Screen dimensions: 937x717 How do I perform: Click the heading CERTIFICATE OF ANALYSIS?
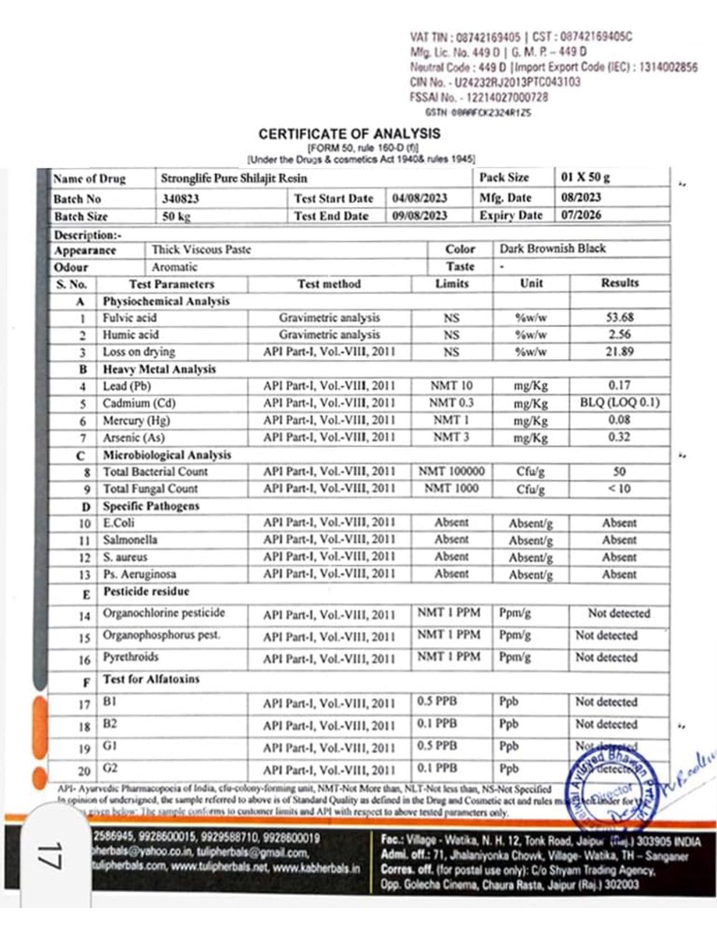coord(349,134)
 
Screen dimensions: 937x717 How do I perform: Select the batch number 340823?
coord(180,199)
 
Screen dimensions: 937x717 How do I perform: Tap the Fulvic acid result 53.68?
coord(619,318)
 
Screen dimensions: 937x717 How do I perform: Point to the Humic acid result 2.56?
coord(619,335)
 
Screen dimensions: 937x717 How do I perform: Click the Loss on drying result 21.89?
coord(619,352)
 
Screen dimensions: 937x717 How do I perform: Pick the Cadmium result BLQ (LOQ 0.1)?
coord(619,403)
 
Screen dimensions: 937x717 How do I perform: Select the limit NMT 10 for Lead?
coord(451,386)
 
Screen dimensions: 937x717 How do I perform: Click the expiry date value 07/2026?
coord(581,215)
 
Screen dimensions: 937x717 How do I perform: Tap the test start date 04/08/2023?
coord(419,198)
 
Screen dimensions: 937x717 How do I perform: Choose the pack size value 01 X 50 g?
coord(585,177)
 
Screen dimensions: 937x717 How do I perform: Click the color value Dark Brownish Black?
coord(552,249)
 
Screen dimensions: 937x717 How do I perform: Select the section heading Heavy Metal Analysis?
coord(159,369)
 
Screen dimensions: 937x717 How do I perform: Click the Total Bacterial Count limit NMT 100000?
coord(451,472)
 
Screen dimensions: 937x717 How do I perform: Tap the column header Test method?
coord(329,284)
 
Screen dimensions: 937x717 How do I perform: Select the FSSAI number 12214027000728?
coord(506,98)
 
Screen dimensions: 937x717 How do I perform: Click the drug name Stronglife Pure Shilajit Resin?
coord(234,179)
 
